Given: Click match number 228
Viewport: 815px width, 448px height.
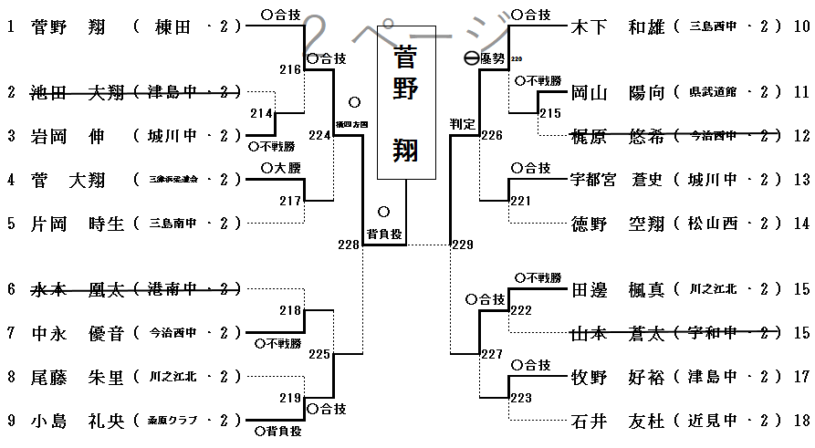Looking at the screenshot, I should pos(349,245).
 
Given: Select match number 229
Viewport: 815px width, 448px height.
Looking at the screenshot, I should pos(463,245).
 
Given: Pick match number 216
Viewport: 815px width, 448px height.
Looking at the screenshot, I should pos(290,69).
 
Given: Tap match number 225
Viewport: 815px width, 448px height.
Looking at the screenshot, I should pos(319,354).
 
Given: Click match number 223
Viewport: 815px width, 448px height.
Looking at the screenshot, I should pos(521,398).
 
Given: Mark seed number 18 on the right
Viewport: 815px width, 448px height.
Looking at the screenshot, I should pos(802,421).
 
